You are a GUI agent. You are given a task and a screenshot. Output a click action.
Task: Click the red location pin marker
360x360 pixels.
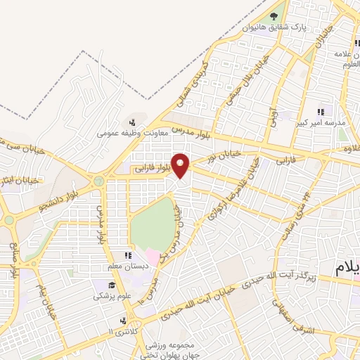point(181,165)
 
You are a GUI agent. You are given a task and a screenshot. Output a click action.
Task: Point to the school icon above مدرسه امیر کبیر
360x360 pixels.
point(323,111)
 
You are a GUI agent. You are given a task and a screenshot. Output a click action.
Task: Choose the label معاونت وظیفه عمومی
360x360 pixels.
point(129,131)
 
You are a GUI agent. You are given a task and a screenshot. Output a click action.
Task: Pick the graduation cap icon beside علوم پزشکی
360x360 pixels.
point(111,285)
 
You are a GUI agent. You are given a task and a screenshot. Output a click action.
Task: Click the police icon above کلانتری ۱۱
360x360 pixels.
point(115,319)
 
